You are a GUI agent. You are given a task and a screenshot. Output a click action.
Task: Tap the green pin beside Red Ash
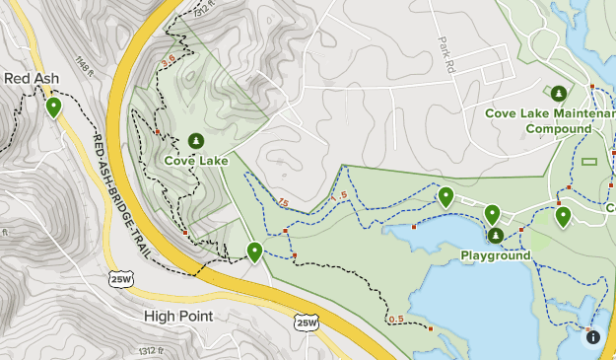(53, 106)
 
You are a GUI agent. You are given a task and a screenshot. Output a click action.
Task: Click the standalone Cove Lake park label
(196, 161)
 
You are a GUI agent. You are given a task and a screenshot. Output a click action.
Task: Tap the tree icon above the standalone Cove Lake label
(195, 141)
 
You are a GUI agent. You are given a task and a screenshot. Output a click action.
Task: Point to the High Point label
(178, 316)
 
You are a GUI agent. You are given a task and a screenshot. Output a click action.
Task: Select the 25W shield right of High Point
(307, 322)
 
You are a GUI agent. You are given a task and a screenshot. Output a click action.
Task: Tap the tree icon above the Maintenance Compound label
(559, 94)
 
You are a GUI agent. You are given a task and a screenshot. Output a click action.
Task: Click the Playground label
(496, 255)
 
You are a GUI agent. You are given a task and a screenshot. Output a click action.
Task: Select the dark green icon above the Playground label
(496, 235)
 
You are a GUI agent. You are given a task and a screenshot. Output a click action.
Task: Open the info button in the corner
(593, 337)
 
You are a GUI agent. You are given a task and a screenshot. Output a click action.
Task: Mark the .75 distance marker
(283, 204)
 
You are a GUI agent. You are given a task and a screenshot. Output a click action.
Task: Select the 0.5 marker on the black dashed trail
(396, 319)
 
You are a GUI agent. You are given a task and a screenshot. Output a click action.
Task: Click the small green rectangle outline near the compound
(589, 161)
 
